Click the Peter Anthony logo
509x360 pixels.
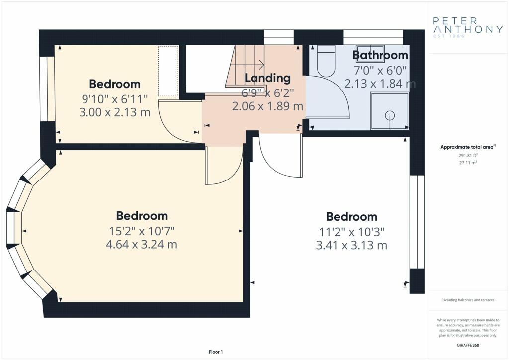(468, 27)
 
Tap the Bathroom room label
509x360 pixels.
(380, 55)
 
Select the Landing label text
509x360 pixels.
(267, 78)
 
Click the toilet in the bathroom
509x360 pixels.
(326, 61)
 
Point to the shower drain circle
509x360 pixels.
(390, 115)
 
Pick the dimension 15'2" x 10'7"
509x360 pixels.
(142, 231)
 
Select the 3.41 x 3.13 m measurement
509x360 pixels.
(351, 245)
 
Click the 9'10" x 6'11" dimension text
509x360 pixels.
(115, 98)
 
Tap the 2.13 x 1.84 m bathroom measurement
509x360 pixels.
(380, 84)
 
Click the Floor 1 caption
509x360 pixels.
(216, 352)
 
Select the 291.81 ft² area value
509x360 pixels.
(468, 155)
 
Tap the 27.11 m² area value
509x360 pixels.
(468, 162)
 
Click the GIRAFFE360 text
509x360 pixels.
(468, 345)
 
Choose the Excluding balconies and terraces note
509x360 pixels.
(468, 300)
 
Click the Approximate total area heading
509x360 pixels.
(468, 147)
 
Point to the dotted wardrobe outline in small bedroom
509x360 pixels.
(169, 71)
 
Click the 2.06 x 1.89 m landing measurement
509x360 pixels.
(267, 106)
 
